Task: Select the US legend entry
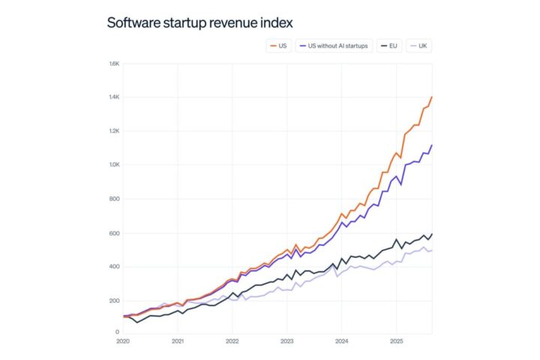coord(279,46)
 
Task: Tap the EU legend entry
coord(388,46)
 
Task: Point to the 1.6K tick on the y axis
coord(115,64)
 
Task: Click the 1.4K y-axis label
coord(115,97)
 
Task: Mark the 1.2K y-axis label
coord(115,131)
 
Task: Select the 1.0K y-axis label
coord(115,165)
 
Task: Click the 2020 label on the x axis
coord(124,341)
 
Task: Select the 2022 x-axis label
coord(232,341)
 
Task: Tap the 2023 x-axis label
coord(286,341)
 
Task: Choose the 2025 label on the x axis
coord(395,341)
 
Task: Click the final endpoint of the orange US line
coord(432,97)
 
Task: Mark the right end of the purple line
coord(432,145)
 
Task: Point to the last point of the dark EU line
coord(432,234)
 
